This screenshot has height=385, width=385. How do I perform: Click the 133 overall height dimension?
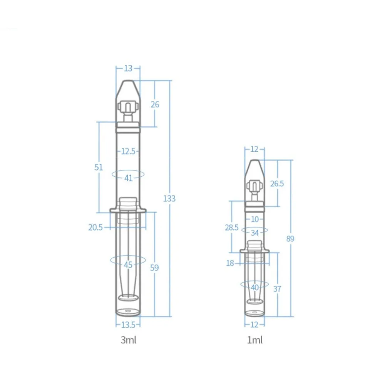pyautogui.click(x=169, y=198)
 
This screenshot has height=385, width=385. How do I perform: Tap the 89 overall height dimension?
pyautogui.click(x=290, y=238)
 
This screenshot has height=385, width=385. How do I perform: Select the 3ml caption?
pyautogui.click(x=129, y=340)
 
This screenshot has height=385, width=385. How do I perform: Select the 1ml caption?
pyautogui.click(x=255, y=340)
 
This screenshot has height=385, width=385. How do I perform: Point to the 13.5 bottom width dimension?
pyautogui.click(x=128, y=325)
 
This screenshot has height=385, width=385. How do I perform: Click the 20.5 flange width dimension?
pyautogui.click(x=95, y=228)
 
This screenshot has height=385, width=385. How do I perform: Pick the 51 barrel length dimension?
pyautogui.click(x=99, y=167)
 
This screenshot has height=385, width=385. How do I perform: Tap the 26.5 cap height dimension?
pyautogui.click(x=277, y=183)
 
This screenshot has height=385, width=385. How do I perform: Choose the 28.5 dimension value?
pyautogui.click(x=231, y=228)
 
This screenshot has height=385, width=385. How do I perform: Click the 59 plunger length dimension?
pyautogui.click(x=154, y=268)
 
